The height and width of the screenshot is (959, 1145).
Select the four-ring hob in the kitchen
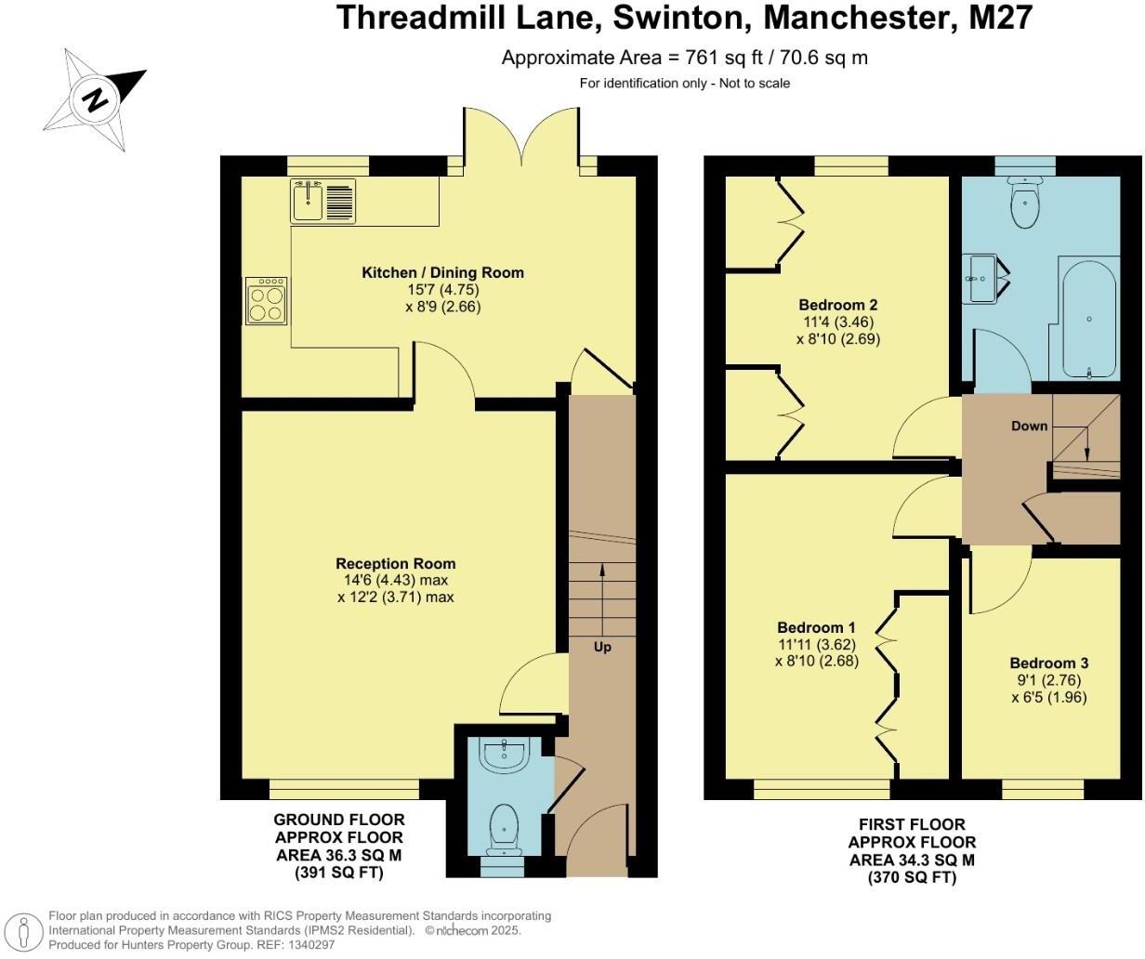(266, 301)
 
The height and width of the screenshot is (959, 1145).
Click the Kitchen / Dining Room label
(442, 272)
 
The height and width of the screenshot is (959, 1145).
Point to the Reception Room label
(395, 563)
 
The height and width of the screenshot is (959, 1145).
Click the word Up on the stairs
(602, 647)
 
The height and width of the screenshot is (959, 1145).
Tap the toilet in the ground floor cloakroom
(503, 825)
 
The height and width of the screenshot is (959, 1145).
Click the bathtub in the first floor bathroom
(1088, 319)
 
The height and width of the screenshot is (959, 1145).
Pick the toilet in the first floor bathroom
(1025, 205)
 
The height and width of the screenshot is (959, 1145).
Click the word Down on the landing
(1029, 426)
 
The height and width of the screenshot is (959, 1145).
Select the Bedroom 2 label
(838, 305)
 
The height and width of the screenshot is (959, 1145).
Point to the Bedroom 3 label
(1048, 663)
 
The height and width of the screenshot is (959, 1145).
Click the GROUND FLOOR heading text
(338, 820)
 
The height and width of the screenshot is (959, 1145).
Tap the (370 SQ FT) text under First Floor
(912, 877)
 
